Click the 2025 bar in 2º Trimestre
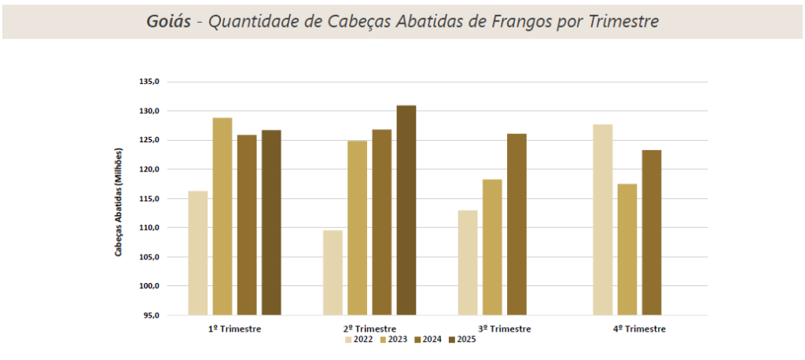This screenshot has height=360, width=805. [406, 210]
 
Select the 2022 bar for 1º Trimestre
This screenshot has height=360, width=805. [198, 253]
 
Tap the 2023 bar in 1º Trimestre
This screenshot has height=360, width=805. [222, 216]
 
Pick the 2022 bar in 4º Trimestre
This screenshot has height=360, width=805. [603, 219]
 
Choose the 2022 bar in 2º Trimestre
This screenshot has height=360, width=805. [333, 273]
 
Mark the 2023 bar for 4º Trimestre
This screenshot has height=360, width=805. [627, 249]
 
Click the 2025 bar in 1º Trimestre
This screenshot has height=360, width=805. [271, 222]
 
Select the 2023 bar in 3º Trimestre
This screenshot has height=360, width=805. [492, 247]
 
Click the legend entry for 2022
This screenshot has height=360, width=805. [358, 340]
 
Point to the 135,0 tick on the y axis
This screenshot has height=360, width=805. [149, 82]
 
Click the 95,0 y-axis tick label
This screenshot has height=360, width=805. [151, 315]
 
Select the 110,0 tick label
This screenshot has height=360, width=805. [149, 228]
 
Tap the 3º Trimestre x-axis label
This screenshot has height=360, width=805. [504, 329]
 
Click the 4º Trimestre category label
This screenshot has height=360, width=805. [639, 329]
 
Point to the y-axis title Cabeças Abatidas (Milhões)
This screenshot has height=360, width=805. [119, 202]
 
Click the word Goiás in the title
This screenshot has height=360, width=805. [168, 21]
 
